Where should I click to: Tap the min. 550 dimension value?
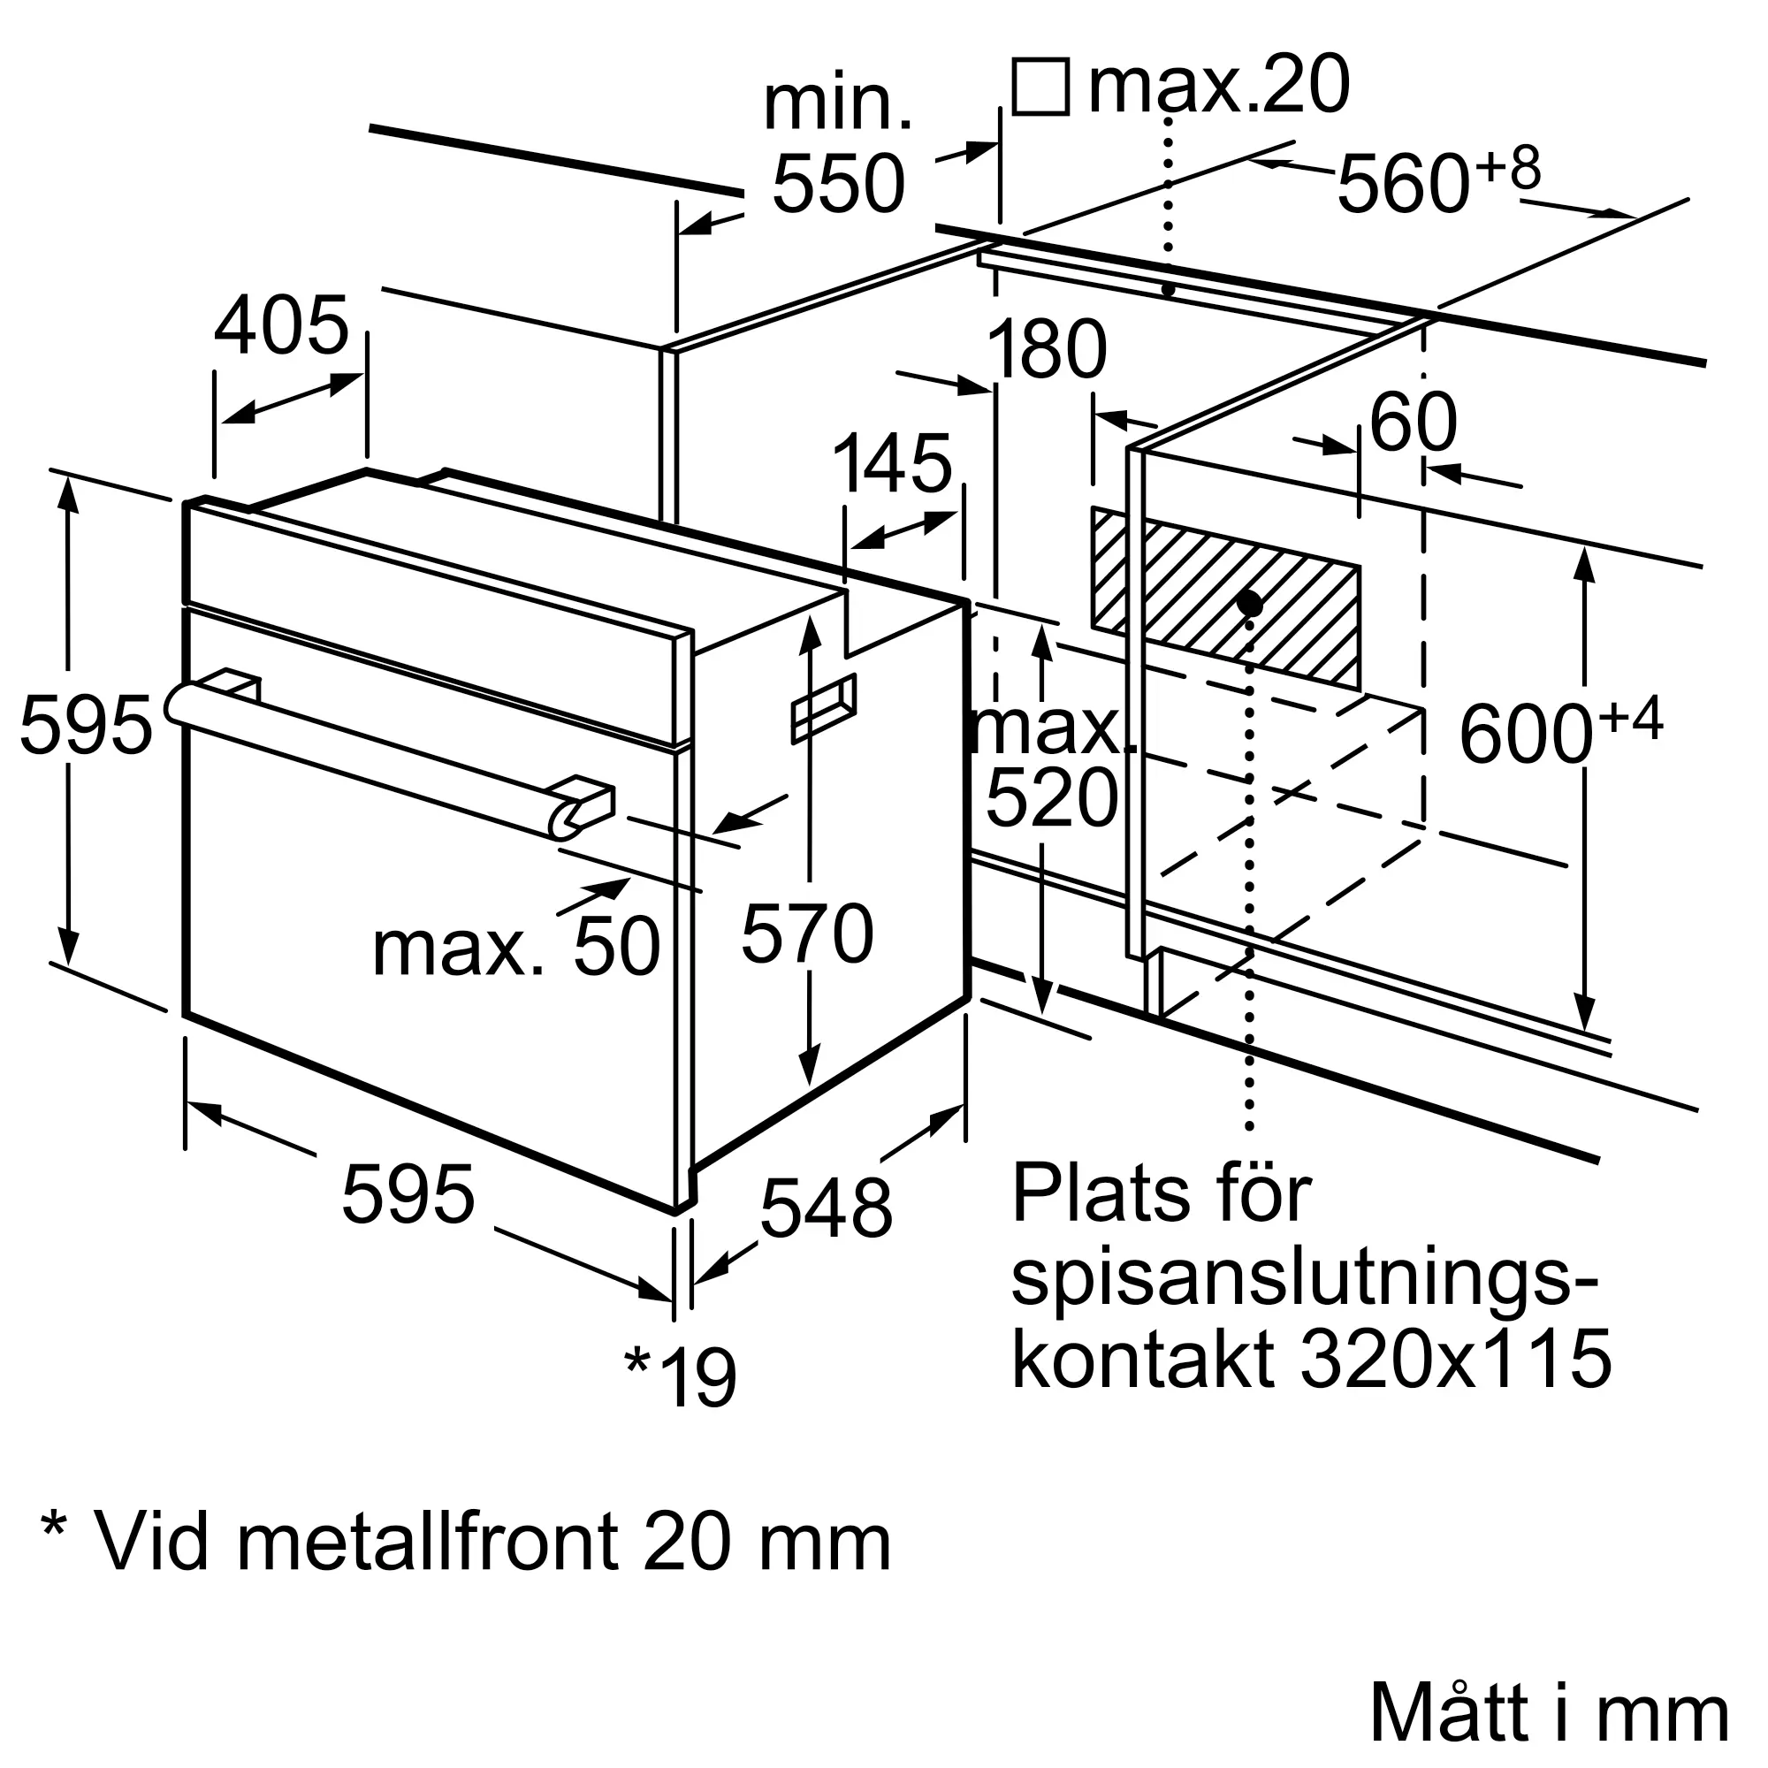pyautogui.click(x=838, y=184)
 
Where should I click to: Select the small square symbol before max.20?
pyautogui.click(x=1040, y=87)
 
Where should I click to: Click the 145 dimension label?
pyautogui.click(x=892, y=464)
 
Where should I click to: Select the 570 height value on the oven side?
pyautogui.click(x=807, y=934)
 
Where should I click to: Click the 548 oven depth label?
pyautogui.click(x=827, y=1208)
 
